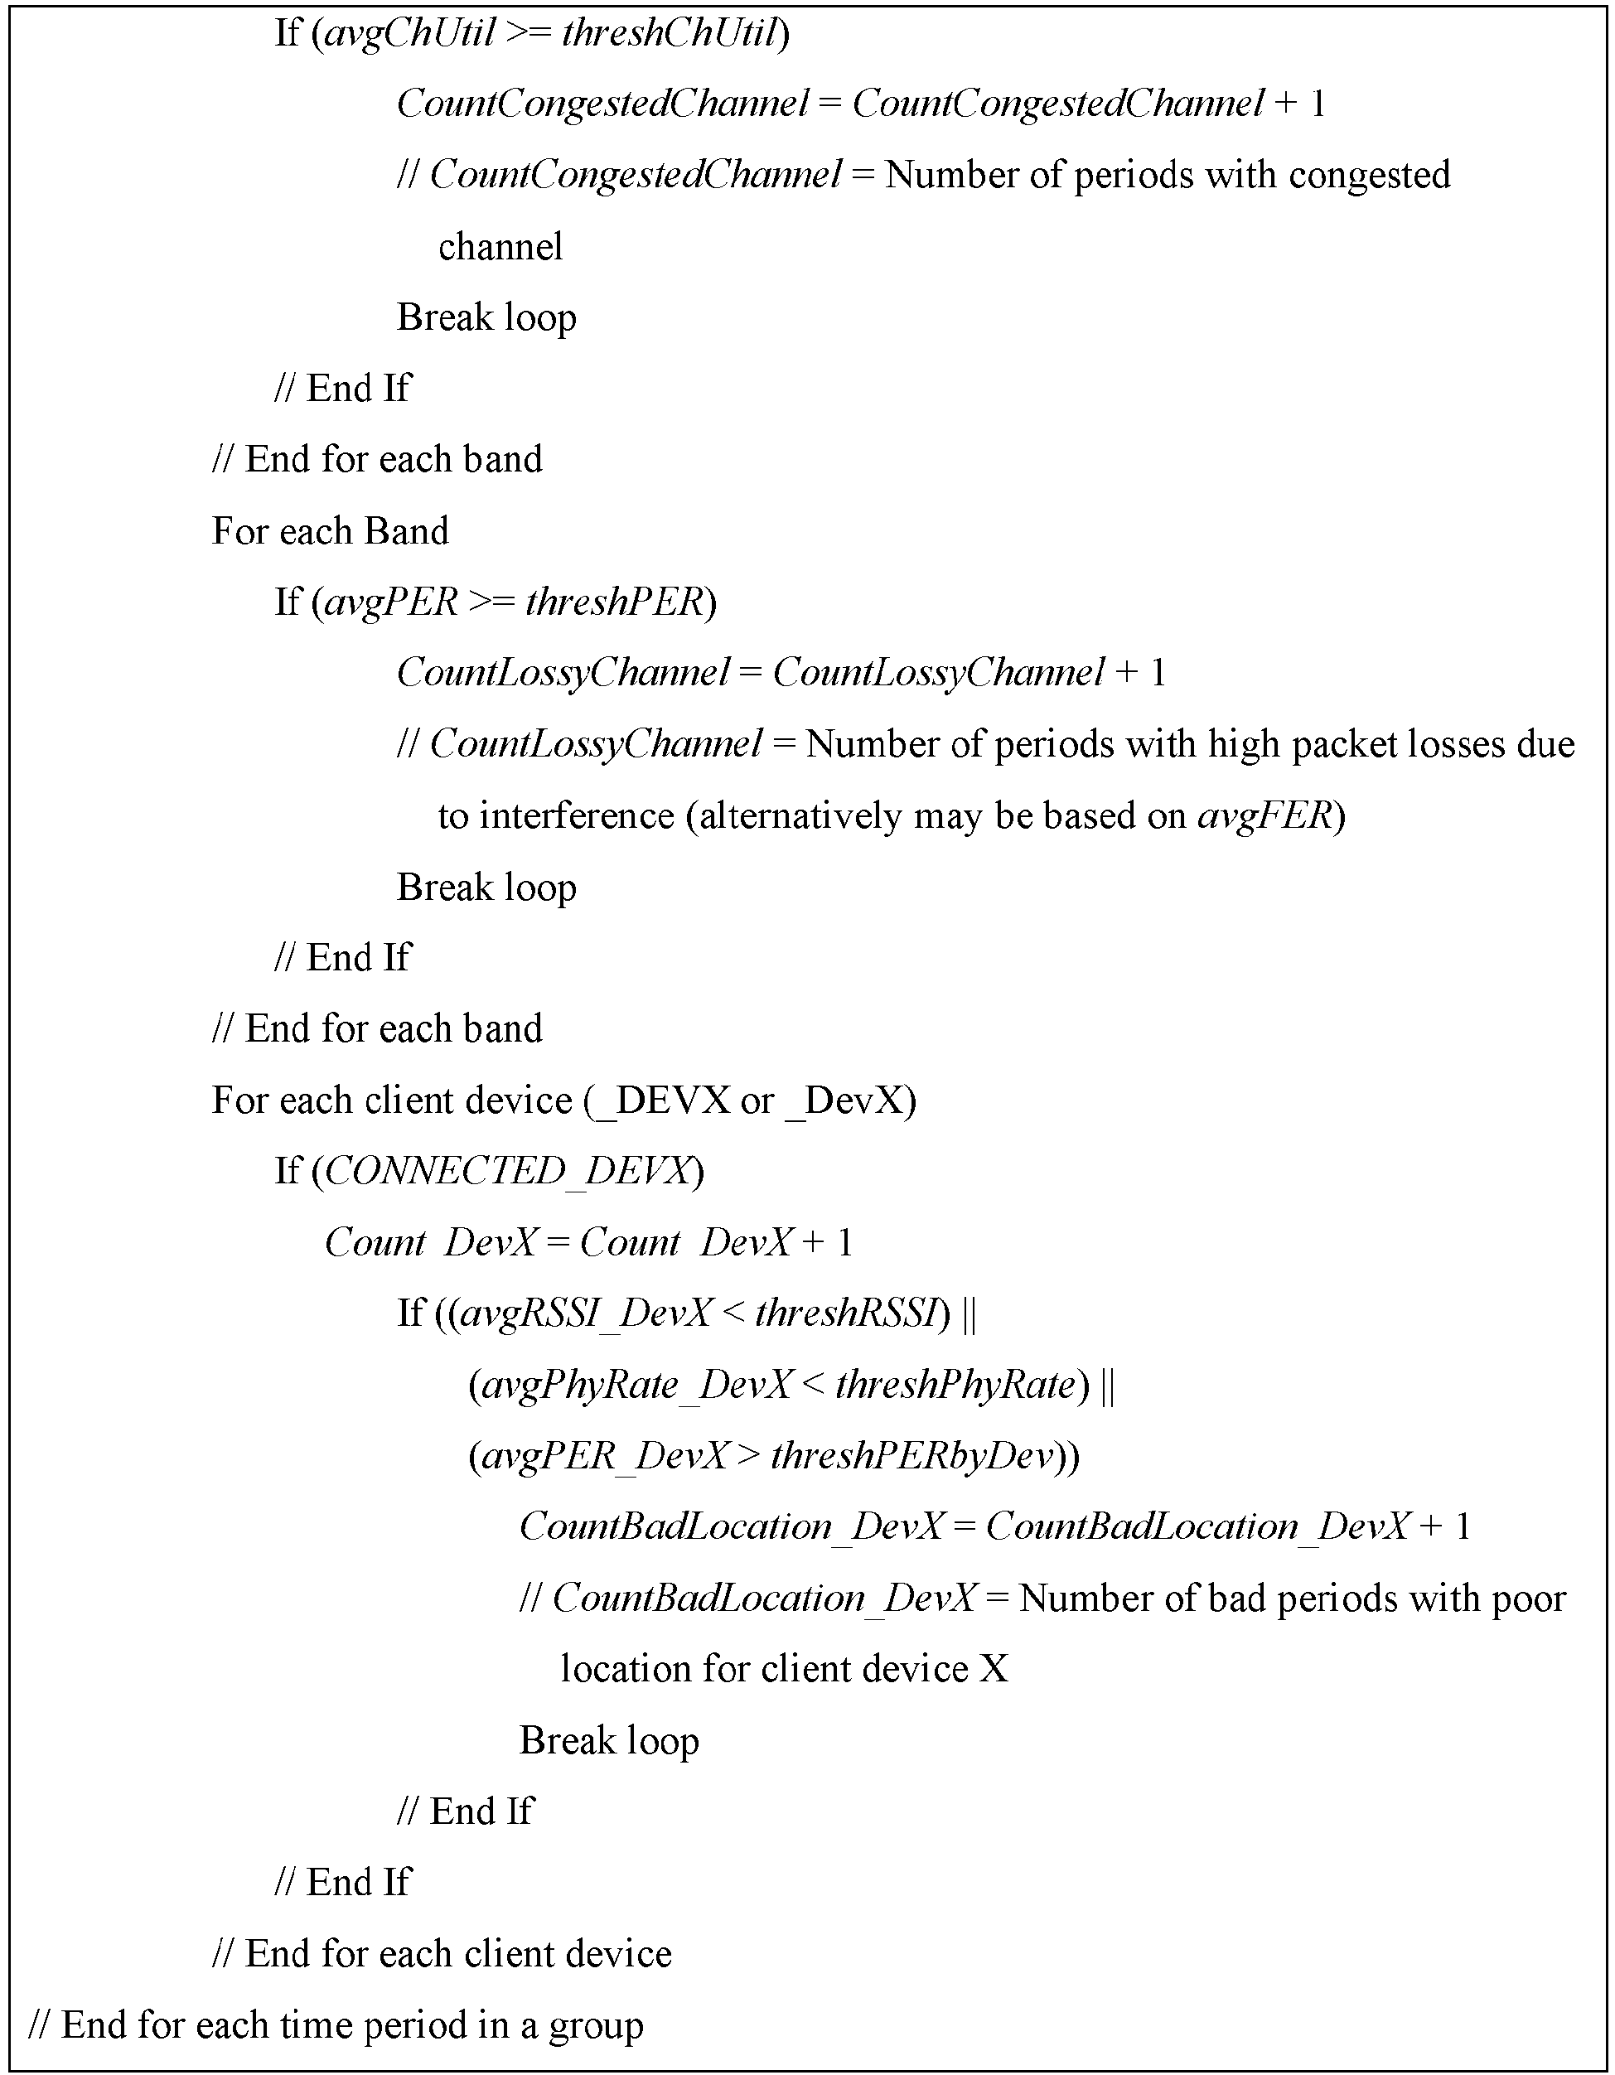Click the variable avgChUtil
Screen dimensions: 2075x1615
(409, 34)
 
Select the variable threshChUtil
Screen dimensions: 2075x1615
(670, 34)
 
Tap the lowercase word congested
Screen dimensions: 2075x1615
(1371, 176)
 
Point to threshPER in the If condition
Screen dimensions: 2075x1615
(612, 602)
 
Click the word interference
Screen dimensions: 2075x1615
(576, 816)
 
